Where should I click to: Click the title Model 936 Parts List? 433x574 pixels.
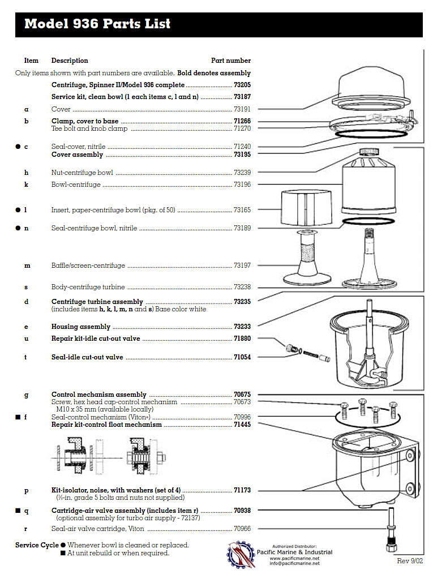pyautogui.click(x=97, y=24)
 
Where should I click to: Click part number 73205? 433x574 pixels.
pyautogui.click(x=242, y=84)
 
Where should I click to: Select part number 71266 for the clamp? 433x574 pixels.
pyautogui.click(x=242, y=121)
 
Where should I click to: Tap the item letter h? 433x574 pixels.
pyautogui.click(x=26, y=173)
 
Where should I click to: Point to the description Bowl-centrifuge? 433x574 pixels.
pyautogui.click(x=76, y=185)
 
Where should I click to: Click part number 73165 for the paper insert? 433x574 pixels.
pyautogui.click(x=242, y=210)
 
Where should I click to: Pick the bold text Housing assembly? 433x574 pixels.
pyautogui.click(x=81, y=327)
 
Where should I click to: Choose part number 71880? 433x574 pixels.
pyautogui.click(x=242, y=339)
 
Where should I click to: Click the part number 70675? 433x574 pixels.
pyautogui.click(x=242, y=395)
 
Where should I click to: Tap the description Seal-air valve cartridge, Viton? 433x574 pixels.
pyautogui.click(x=97, y=529)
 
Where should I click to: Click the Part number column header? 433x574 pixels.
pyautogui.click(x=231, y=61)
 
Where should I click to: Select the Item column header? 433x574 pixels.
pyautogui.click(x=31, y=61)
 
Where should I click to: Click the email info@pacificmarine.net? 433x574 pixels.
pyautogui.click(x=294, y=563)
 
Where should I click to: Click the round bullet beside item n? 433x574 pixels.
pyautogui.click(x=18, y=228)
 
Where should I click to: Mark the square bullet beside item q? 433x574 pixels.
pyautogui.click(x=18, y=511)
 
